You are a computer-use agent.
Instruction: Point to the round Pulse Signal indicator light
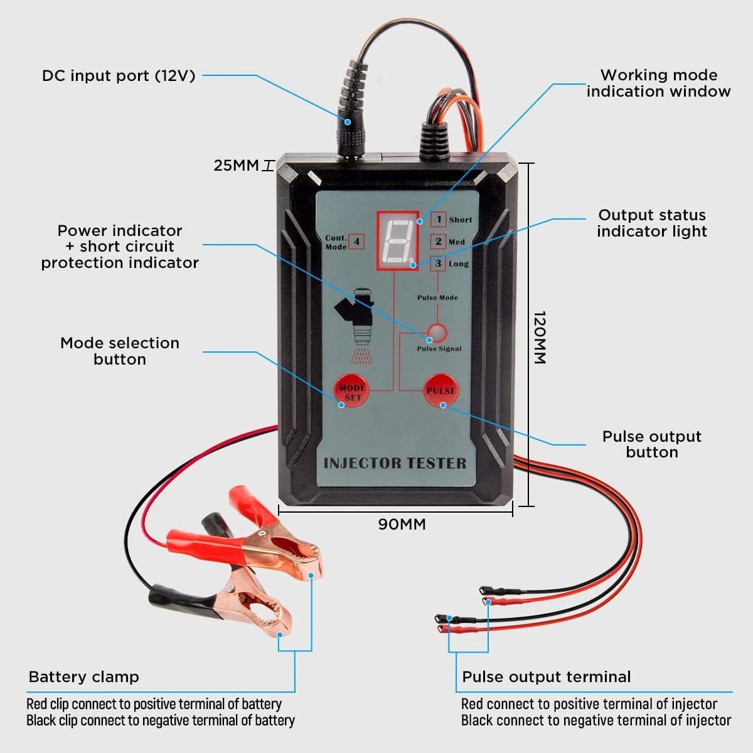pyautogui.click(x=438, y=333)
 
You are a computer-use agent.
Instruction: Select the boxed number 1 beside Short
pyautogui.click(x=439, y=220)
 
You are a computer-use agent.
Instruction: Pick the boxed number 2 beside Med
pyautogui.click(x=439, y=242)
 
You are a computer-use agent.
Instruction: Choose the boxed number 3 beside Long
pyautogui.click(x=439, y=264)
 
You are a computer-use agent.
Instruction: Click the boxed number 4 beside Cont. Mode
pyautogui.click(x=356, y=241)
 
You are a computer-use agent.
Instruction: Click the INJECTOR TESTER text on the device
pyautogui.click(x=395, y=464)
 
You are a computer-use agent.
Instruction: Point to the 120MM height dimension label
pyautogui.click(x=540, y=337)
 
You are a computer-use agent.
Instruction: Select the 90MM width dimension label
pyautogui.click(x=402, y=524)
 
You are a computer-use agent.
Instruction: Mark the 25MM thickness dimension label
pyautogui.click(x=236, y=166)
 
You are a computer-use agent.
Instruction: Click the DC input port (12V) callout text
pyautogui.click(x=119, y=76)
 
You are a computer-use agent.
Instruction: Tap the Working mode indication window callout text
pyautogui.click(x=658, y=83)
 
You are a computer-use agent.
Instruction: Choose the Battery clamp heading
pyautogui.click(x=83, y=677)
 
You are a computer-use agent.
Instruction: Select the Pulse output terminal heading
pyautogui.click(x=546, y=677)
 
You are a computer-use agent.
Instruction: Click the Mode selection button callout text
pyautogui.click(x=119, y=351)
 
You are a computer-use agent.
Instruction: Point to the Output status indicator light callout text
pyautogui.click(x=651, y=223)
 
